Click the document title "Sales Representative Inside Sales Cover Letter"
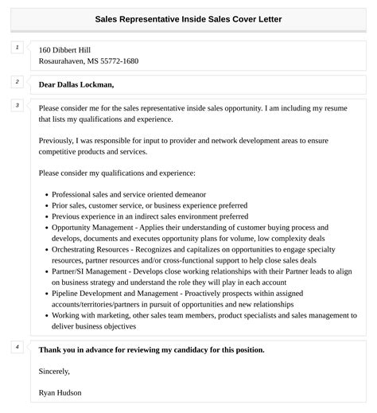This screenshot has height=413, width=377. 188,18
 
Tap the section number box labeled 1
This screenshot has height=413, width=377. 17,48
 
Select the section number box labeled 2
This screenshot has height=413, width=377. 17,81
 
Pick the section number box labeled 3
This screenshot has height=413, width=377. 17,105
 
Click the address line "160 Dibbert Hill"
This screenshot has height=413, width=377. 65,49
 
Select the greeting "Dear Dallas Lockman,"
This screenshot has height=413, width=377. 76,84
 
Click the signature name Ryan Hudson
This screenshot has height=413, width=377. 60,392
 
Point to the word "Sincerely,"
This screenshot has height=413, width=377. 54,371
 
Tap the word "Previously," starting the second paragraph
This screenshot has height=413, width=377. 56,140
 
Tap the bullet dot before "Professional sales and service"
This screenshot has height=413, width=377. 46,194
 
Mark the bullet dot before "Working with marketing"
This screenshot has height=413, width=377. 46,316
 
